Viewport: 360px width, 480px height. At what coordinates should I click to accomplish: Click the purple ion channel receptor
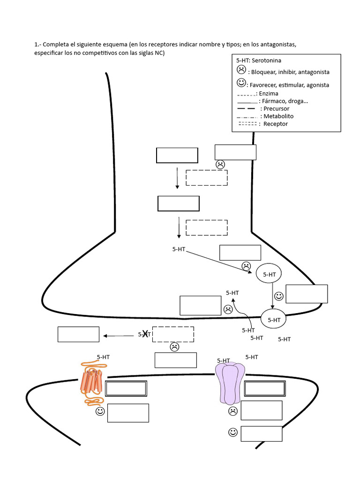coord(230,383)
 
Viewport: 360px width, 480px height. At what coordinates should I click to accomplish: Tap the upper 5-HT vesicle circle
coord(269,275)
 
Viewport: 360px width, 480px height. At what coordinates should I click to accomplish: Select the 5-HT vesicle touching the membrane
coord(274,320)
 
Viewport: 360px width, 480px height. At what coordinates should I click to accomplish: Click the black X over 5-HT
coord(145,334)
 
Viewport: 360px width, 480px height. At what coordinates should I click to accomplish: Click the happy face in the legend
coord(241,83)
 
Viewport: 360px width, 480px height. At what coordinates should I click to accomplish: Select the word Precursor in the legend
coord(276,109)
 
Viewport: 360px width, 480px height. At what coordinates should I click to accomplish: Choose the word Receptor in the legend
coord(276,124)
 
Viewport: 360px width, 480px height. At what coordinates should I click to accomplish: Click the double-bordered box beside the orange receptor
coord(126,389)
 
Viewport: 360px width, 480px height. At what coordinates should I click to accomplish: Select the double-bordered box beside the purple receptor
coord(265,389)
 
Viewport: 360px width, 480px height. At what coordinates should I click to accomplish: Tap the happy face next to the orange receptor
coord(100,412)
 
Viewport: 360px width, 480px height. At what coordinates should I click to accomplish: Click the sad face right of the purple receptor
coord(232,411)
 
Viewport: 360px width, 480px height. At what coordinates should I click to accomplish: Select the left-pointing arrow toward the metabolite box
coord(119,335)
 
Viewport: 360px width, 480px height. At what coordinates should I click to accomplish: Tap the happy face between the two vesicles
coord(279,296)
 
